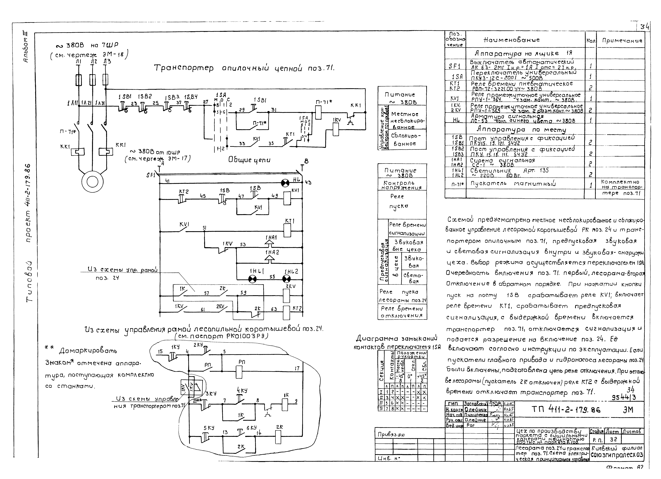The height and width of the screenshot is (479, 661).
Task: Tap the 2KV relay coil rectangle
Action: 287,296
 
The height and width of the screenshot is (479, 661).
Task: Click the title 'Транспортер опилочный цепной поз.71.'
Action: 244,69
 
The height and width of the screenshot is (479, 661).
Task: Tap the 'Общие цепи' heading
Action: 249,160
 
